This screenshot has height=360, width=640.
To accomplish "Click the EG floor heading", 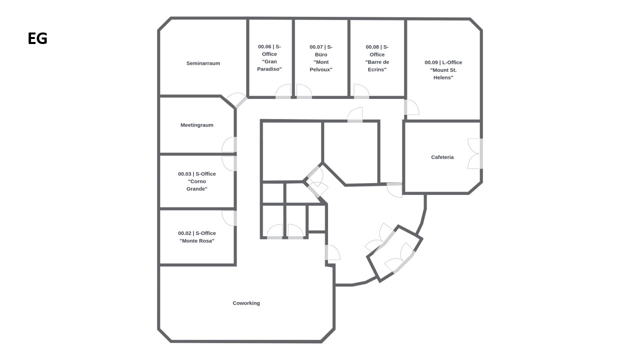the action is tap(37, 38).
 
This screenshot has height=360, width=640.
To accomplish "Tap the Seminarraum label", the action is tap(203, 63).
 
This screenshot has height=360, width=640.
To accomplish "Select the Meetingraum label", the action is tap(197, 125).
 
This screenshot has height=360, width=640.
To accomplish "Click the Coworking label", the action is tap(246, 303).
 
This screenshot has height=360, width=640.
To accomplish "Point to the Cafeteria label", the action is tap(442, 157).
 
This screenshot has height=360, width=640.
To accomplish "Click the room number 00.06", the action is tap(264, 46).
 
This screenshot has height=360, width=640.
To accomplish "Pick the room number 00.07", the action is tap(316, 47).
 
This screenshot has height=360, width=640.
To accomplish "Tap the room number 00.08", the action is tap(372, 47).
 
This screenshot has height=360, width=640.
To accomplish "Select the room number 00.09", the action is tap(431, 62).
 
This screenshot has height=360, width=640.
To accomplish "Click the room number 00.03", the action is tap(185, 173).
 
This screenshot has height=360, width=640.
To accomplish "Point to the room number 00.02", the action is tap(185, 233).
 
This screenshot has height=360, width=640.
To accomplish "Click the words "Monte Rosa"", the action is tap(197, 240).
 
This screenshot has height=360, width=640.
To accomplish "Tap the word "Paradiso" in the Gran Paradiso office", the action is tap(269, 69).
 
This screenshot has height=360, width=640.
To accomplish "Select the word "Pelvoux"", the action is tap(321, 69).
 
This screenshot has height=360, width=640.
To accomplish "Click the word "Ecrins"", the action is tap(377, 69).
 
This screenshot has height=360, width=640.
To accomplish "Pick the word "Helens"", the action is tap(443, 77).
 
